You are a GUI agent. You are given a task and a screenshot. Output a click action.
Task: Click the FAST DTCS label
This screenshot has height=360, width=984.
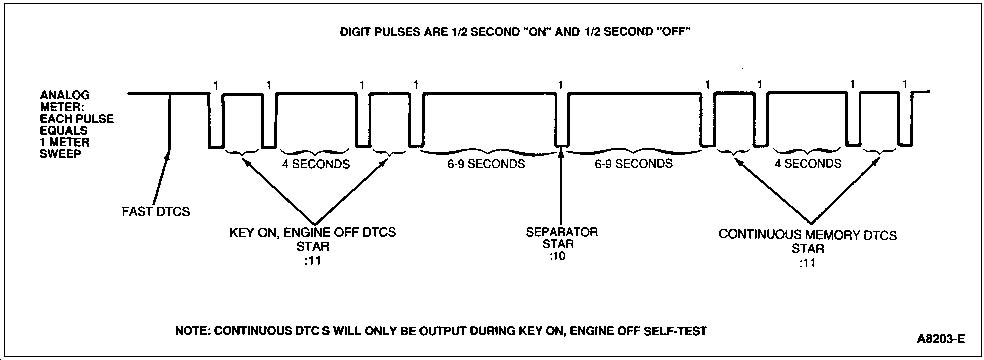[x=156, y=211]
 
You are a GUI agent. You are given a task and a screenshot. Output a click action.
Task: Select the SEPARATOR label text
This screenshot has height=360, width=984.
[x=562, y=232]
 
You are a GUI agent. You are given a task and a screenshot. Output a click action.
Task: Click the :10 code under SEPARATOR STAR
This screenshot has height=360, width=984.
[x=556, y=258]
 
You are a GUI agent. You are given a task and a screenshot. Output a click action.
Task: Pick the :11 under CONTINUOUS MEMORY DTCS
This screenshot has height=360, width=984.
[x=808, y=263]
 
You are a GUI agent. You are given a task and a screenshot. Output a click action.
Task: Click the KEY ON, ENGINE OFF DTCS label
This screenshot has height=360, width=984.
[x=313, y=233]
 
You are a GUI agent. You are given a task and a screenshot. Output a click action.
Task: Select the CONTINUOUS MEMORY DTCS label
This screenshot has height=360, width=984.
[x=808, y=236]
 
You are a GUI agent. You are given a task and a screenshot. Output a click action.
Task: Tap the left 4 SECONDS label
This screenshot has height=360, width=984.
[x=316, y=164]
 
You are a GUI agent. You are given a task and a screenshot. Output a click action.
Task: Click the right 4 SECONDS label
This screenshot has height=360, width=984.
[x=807, y=164]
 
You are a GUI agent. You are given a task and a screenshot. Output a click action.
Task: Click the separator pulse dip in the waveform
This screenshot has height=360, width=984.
[x=561, y=120]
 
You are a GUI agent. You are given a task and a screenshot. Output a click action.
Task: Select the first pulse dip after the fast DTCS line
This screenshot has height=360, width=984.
[x=216, y=121]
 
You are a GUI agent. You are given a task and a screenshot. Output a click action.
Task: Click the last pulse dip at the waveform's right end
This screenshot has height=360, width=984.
[x=904, y=120]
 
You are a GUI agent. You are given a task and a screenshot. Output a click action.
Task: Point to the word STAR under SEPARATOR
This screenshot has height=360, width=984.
[x=557, y=245]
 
